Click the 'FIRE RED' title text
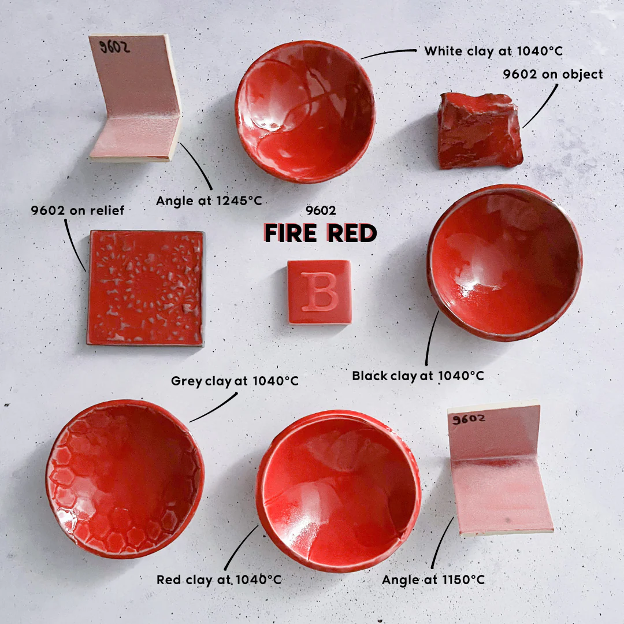320,233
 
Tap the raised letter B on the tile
320,292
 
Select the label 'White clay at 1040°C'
493,51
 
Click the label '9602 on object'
553,75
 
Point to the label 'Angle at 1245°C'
209,200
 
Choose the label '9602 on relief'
77,210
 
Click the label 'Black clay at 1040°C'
418,376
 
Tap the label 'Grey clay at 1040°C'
235,381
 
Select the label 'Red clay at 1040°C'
219,580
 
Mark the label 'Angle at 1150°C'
433,580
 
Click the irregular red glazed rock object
480,131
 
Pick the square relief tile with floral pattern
146,288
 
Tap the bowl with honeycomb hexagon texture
125,479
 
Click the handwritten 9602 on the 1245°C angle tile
114,47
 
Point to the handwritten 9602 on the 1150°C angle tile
469,419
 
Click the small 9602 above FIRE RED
321,210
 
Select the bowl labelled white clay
305,112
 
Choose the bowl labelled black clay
504,263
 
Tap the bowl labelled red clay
339,491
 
